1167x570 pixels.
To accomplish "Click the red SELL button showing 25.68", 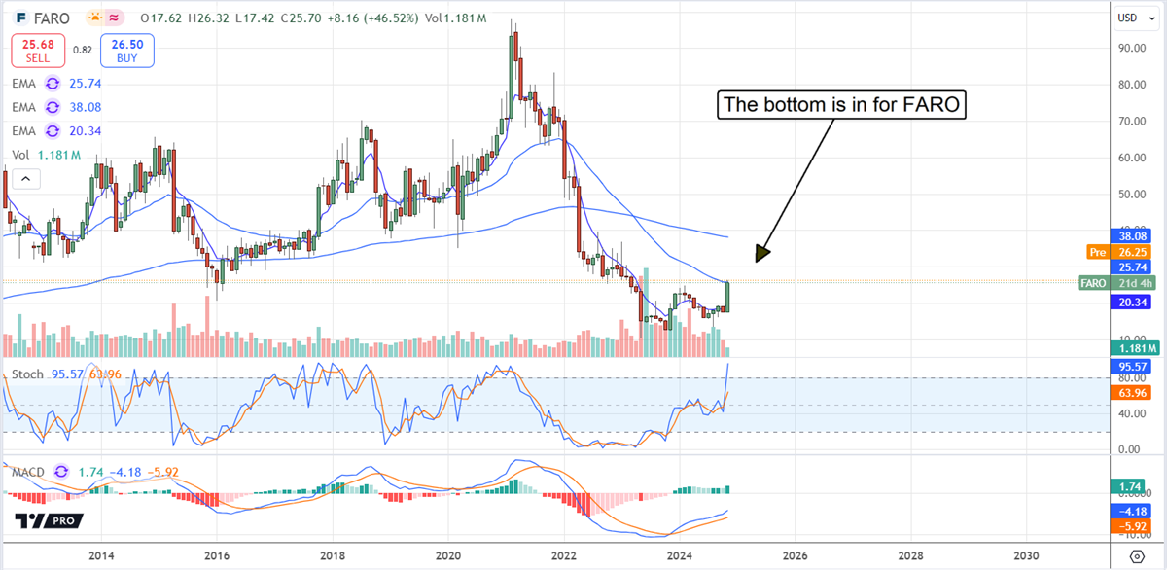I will click(x=38, y=51).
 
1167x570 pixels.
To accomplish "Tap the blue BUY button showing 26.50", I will click(x=126, y=51).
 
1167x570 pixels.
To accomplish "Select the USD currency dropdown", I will click(x=1128, y=18).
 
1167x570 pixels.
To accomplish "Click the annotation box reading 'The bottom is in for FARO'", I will click(x=841, y=105).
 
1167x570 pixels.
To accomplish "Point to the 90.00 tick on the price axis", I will click(x=1131, y=48).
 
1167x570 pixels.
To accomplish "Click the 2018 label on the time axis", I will click(x=333, y=555).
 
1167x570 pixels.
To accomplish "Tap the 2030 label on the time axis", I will click(x=1025, y=555).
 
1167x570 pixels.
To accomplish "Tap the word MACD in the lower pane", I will click(x=29, y=473).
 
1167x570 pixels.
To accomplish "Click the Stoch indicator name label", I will click(x=26, y=374).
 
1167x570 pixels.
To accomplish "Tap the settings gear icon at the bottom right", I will click(x=1136, y=555).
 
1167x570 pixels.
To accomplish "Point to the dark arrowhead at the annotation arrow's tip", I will click(x=761, y=254).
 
